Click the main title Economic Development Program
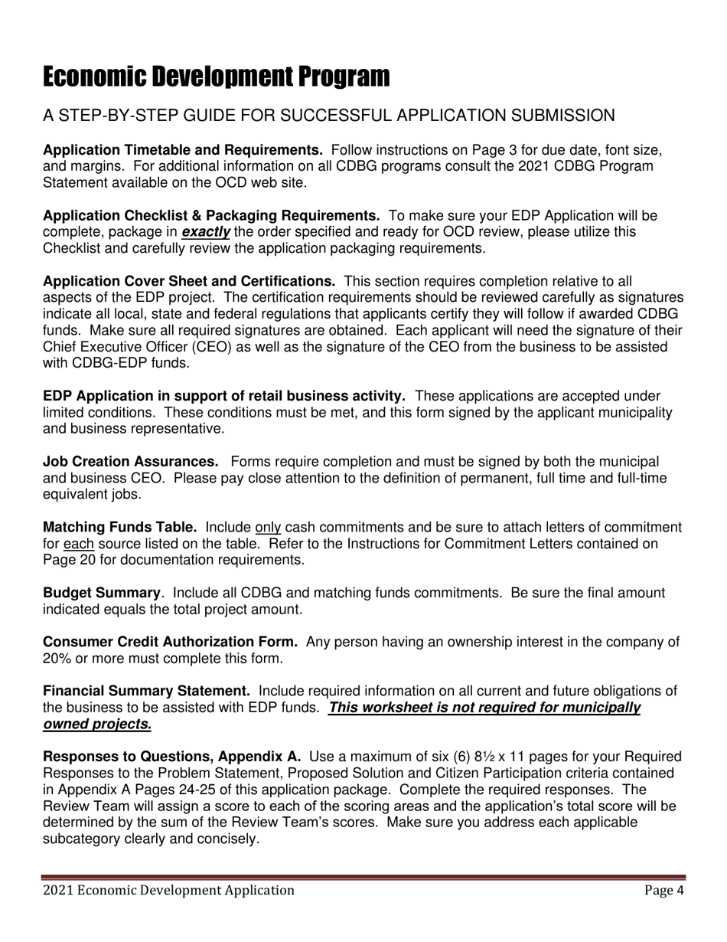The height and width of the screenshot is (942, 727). pos(216,77)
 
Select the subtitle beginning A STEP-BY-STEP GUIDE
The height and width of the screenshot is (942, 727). pos(328,116)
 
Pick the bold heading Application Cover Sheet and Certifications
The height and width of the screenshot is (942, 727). pos(189,282)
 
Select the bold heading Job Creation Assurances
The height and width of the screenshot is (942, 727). pos(131,462)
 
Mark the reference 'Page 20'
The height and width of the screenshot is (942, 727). pos(70,560)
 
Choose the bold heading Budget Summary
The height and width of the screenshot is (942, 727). pos(102,594)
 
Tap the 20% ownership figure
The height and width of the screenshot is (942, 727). pos(57,659)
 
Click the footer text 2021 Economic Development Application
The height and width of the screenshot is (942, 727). pos(169,890)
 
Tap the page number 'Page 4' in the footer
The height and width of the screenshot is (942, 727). pos(663,890)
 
